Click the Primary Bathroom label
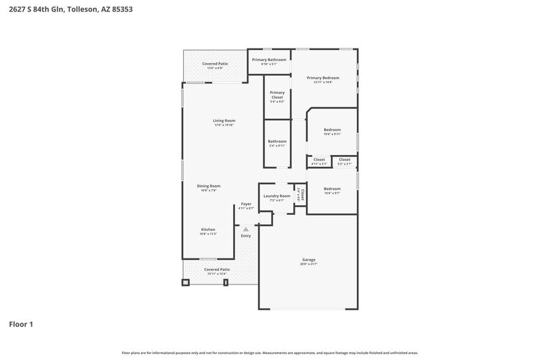pyautogui.click(x=269, y=60)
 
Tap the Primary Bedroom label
pyautogui.click(x=323, y=78)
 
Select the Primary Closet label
pyautogui.click(x=277, y=95)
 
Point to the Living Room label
pyautogui.click(x=224, y=121)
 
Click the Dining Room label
pyautogui.click(x=209, y=186)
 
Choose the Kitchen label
pyautogui.click(x=208, y=230)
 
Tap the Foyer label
pyautogui.click(x=246, y=204)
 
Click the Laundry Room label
pyautogui.click(x=277, y=196)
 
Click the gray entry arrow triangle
pyautogui.click(x=246, y=229)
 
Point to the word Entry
pyautogui.click(x=246, y=236)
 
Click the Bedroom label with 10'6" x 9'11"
pyautogui.click(x=332, y=130)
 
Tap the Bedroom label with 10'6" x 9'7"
pyautogui.click(x=332, y=189)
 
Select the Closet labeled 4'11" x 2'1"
pyautogui.click(x=319, y=160)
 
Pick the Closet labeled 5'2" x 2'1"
pyautogui.click(x=345, y=160)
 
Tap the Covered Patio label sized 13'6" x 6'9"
pyautogui.click(x=215, y=64)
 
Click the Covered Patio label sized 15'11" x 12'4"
pyautogui.click(x=217, y=269)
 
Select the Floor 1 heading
pyautogui.click(x=21, y=324)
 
